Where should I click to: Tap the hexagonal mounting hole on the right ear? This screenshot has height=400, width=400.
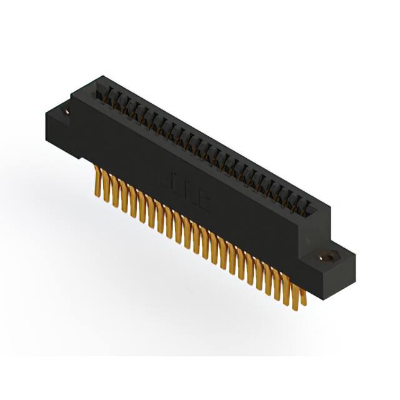tap(324, 256)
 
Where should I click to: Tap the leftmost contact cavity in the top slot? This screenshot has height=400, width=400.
tap(100, 94)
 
